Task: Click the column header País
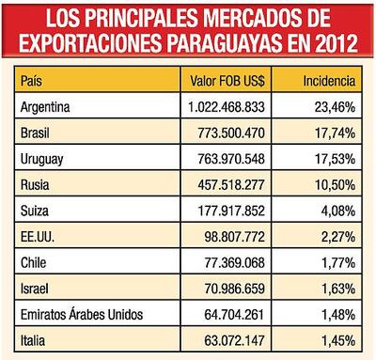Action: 32,82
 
